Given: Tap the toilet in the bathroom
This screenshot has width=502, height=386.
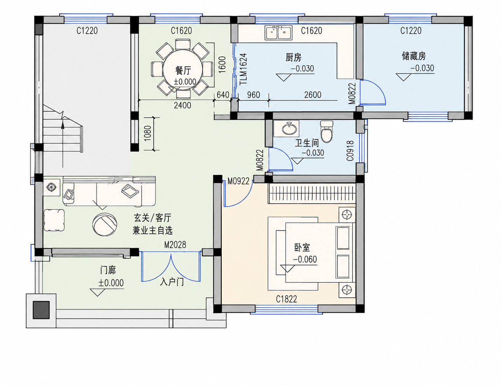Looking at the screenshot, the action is [327, 132].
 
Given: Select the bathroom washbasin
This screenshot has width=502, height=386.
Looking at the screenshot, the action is [289, 129].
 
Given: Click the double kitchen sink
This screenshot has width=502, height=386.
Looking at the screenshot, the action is [279, 33].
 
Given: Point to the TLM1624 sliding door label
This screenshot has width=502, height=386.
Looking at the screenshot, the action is [243, 69].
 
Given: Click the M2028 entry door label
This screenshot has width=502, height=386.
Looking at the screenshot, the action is [175, 245].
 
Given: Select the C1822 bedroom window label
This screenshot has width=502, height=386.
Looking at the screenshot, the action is [287, 299].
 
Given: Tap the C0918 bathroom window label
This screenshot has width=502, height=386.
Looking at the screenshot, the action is [350, 151].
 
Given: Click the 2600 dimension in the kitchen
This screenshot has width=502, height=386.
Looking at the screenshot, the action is [313, 95].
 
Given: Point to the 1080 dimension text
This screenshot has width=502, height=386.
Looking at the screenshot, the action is [147, 133].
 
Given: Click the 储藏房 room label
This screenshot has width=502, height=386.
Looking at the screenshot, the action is [414, 56].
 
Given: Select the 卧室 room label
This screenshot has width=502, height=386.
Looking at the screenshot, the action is [302, 248].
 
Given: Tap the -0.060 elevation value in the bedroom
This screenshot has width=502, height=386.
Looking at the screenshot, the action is [305, 260].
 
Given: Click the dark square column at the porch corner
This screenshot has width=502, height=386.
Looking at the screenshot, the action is [41, 310].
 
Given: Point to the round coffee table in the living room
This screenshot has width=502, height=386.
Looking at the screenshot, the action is [105, 224].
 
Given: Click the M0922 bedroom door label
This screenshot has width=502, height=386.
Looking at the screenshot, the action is [239, 181].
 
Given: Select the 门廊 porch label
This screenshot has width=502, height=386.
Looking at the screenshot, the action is [108, 270].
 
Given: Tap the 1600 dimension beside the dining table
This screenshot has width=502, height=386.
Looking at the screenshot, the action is [222, 65].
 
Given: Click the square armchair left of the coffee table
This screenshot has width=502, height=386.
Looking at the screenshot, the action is [54, 220].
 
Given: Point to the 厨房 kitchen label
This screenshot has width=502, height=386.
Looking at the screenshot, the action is [293, 57].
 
